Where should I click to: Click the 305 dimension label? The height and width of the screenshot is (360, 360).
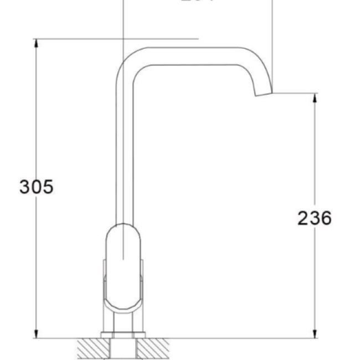coord(37,187)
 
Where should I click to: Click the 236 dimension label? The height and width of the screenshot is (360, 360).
coord(315,218)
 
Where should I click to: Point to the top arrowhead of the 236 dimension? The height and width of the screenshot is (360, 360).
coord(315,97)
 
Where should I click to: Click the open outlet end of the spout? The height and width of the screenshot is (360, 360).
coord(264,94)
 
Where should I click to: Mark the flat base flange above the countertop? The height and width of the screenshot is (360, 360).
coord(123,335)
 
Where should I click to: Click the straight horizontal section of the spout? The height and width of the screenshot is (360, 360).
coord(188,56)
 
